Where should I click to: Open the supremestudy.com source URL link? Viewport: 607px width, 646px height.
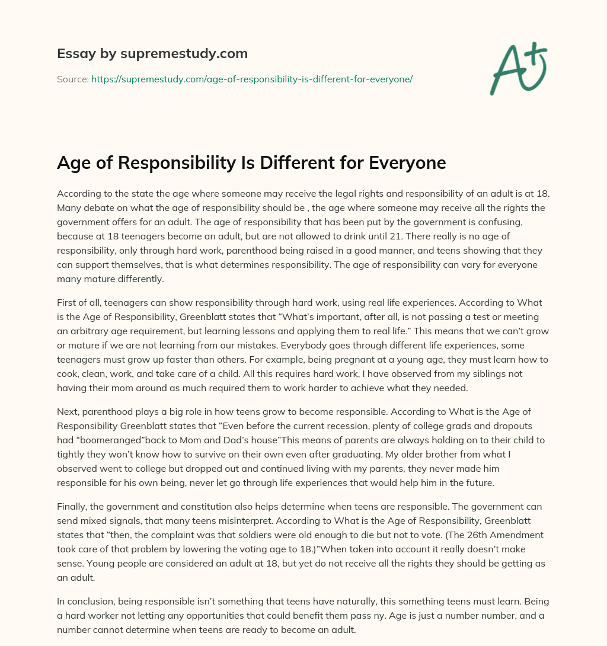[251, 79]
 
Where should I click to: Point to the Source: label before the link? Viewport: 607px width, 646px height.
[72, 79]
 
